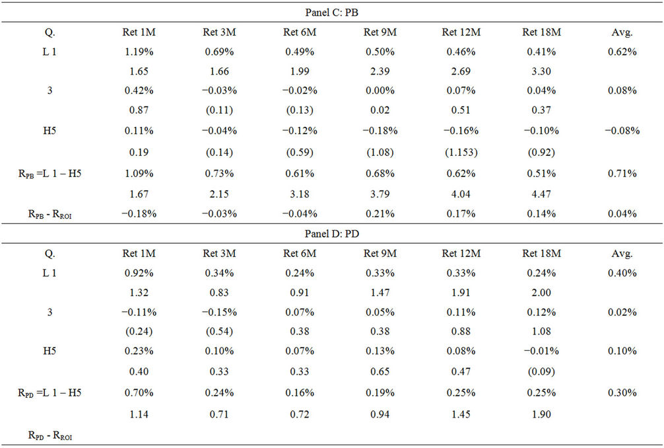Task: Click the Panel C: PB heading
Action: tap(332, 13)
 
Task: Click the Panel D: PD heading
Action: tap(332, 235)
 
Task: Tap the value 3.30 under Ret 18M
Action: tap(541, 71)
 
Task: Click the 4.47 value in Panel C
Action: tap(541, 193)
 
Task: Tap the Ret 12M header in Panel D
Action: tap(461, 253)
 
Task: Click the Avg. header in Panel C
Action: tap(622, 31)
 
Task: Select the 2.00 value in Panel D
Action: tap(541, 293)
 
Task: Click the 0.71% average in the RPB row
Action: tap(622, 173)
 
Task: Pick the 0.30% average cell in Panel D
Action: tap(622, 392)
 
